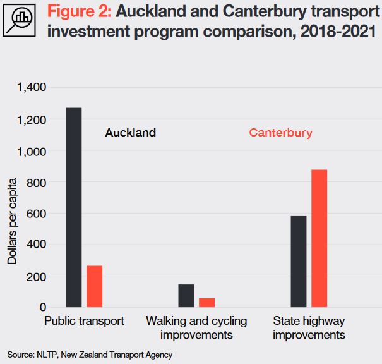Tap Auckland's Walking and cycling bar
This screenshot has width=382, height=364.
186,296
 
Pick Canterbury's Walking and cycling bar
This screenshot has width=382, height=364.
206,303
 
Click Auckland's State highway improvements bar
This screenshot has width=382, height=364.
299,262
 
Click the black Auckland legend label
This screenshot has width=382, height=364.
130,133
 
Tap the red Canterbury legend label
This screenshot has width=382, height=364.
280,133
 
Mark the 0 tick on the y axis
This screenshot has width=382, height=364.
43,307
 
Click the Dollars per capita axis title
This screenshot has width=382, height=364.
12,221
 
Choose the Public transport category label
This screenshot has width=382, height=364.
84,321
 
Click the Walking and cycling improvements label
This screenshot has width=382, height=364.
196,328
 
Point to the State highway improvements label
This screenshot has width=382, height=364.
309,328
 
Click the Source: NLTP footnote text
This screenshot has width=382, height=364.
90,355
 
